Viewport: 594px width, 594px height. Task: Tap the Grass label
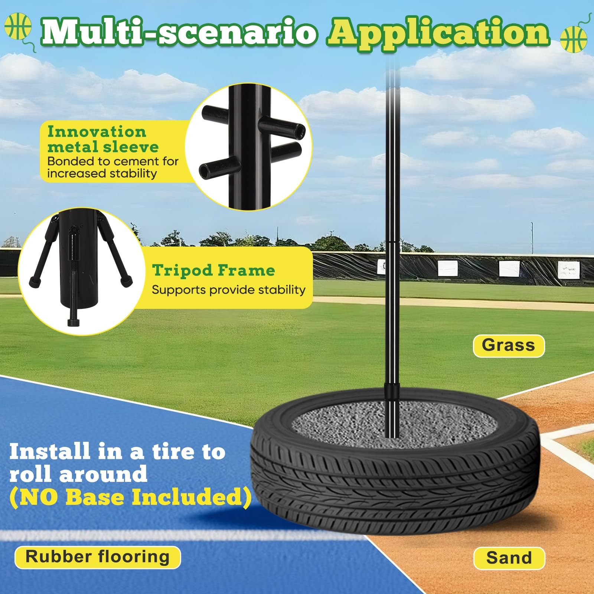[x=508, y=346]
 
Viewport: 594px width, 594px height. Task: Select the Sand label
[x=509, y=558]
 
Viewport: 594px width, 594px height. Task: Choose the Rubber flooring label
[x=97, y=557]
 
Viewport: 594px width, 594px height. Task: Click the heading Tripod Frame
[x=213, y=270]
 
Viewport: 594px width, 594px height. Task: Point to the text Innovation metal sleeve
[x=103, y=140]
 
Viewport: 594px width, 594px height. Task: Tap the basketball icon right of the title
[x=574, y=39]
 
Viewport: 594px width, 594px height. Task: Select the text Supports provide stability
[x=228, y=290]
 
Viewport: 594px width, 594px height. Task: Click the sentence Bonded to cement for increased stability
[x=112, y=167]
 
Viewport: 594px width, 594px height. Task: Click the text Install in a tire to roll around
[x=117, y=463]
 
